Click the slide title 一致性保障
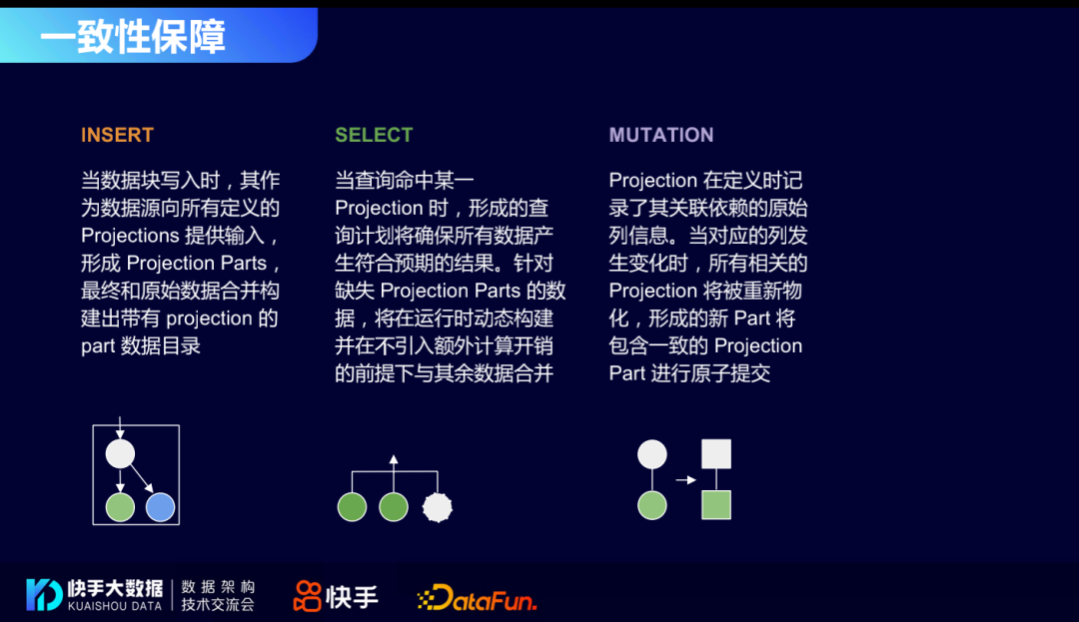tap(133, 36)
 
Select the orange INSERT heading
tap(117, 135)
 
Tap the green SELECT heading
tap(374, 135)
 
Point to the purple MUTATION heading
tap(661, 135)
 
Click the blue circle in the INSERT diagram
tap(160, 507)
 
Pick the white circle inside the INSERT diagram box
tap(120, 454)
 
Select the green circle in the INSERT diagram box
tap(120, 507)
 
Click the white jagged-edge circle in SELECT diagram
tap(438, 507)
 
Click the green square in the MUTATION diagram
tap(716, 504)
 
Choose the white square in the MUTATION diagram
tap(716, 454)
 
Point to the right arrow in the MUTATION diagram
tap(685, 480)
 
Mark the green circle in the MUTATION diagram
tap(652, 504)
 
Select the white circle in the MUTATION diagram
tap(652, 454)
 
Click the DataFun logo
tap(477, 598)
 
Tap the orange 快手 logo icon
tap(307, 596)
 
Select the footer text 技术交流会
tap(218, 605)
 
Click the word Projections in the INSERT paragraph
tap(129, 236)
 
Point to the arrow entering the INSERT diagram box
tap(120, 427)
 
